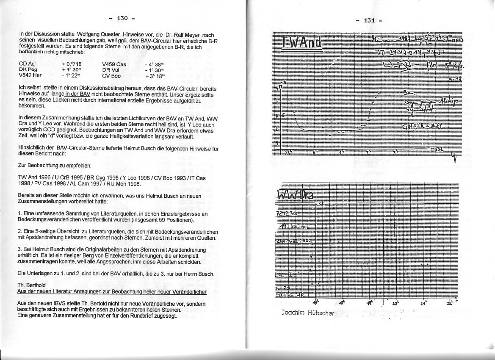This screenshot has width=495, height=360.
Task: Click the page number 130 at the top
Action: [x=122, y=18]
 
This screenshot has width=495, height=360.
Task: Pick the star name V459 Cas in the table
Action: [x=114, y=64]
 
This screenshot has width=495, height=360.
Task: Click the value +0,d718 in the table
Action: [x=72, y=64]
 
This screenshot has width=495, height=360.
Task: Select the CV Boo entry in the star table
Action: [x=111, y=76]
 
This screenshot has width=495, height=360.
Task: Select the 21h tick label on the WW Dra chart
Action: [x=423, y=303]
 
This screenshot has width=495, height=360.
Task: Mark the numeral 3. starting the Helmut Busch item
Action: [x=20, y=250]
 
